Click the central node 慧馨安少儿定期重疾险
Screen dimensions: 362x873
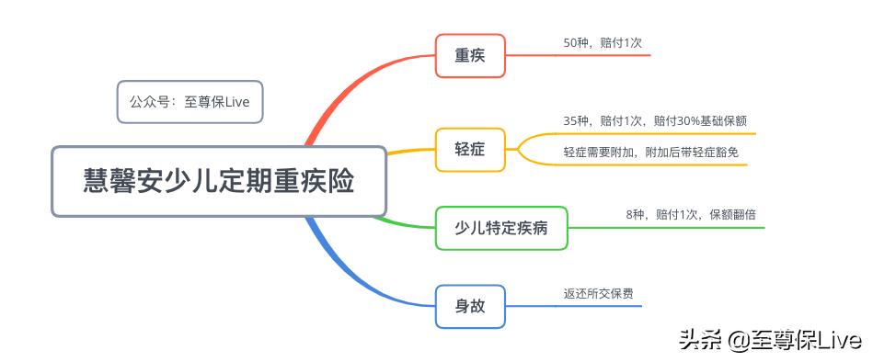click(219, 181)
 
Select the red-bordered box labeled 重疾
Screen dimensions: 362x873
click(469, 55)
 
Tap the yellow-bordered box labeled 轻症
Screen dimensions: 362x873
click(469, 148)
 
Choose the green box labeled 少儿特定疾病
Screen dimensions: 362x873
click(501, 227)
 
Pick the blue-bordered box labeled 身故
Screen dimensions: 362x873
click(469, 306)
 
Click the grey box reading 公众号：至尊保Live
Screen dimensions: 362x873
click(190, 102)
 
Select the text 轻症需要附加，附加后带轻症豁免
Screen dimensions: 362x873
click(650, 153)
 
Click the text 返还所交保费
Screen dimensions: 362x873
click(598, 294)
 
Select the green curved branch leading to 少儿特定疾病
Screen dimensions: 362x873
click(405, 221)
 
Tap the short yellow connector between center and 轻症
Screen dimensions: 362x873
click(410, 151)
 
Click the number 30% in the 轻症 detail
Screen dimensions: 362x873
click(687, 121)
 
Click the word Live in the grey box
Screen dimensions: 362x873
click(237, 102)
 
